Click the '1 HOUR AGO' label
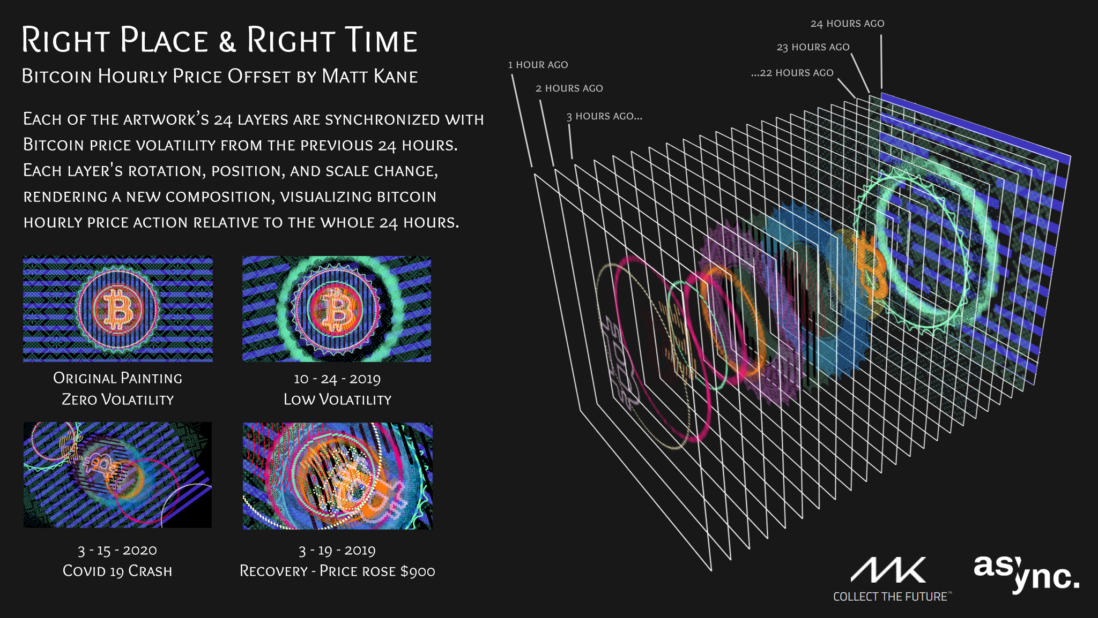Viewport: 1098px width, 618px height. (538, 65)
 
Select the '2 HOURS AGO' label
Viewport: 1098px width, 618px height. (569, 88)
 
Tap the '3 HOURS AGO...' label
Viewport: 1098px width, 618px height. (604, 116)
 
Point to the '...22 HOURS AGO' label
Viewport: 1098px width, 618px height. (792, 73)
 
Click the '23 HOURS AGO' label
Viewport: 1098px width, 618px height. (813, 47)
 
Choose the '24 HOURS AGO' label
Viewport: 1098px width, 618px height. (848, 24)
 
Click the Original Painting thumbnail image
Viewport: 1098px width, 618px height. (118, 309)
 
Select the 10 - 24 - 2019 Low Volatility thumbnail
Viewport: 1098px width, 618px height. (337, 309)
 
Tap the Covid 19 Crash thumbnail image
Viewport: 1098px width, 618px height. (117, 475)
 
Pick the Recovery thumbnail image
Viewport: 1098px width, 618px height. (338, 476)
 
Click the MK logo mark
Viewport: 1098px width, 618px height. (888, 570)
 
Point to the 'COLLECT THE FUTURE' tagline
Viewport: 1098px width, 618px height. (892, 597)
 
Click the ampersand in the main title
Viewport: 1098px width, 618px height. (227, 41)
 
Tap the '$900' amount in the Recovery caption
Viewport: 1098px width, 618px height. (418, 571)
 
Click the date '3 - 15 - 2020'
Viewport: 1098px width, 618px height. (117, 551)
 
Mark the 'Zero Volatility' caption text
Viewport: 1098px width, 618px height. (118, 400)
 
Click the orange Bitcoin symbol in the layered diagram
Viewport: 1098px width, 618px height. (871, 268)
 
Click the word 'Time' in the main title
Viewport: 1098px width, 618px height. (380, 40)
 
